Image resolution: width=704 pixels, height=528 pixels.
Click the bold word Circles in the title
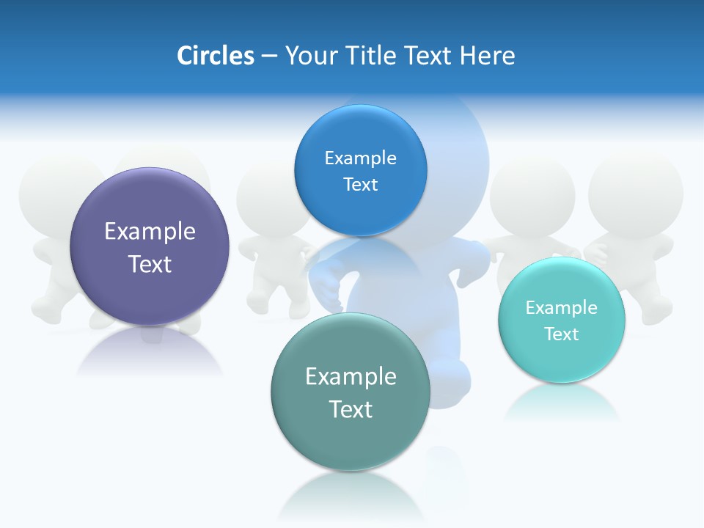215,56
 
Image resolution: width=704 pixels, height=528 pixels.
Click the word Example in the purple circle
150,232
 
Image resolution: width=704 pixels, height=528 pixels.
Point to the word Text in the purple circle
150,264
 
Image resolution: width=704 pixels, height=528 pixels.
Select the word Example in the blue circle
360,158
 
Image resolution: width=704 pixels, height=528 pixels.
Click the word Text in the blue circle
360,185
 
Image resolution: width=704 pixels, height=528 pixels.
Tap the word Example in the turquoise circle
562,308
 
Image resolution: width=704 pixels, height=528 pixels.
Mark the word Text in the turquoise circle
562,334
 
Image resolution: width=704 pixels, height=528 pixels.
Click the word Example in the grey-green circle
351,377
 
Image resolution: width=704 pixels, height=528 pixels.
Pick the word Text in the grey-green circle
351,409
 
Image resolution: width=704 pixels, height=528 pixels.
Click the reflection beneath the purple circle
150,352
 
